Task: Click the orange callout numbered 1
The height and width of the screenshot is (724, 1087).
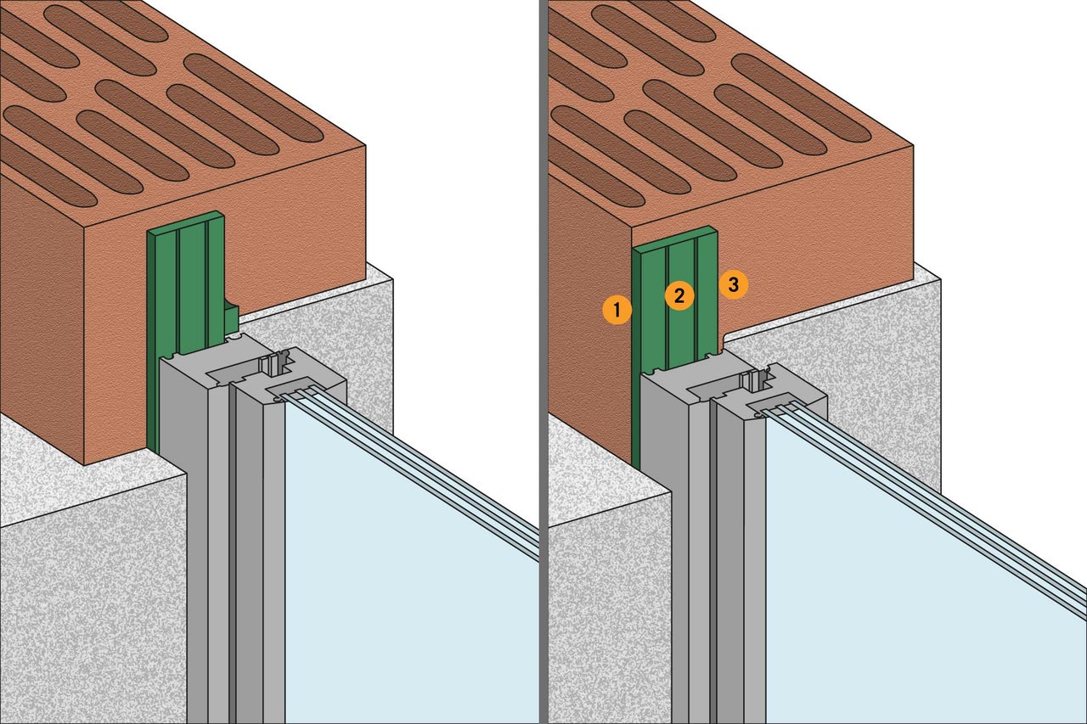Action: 617,310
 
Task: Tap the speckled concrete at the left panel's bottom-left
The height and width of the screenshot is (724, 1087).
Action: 85,611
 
